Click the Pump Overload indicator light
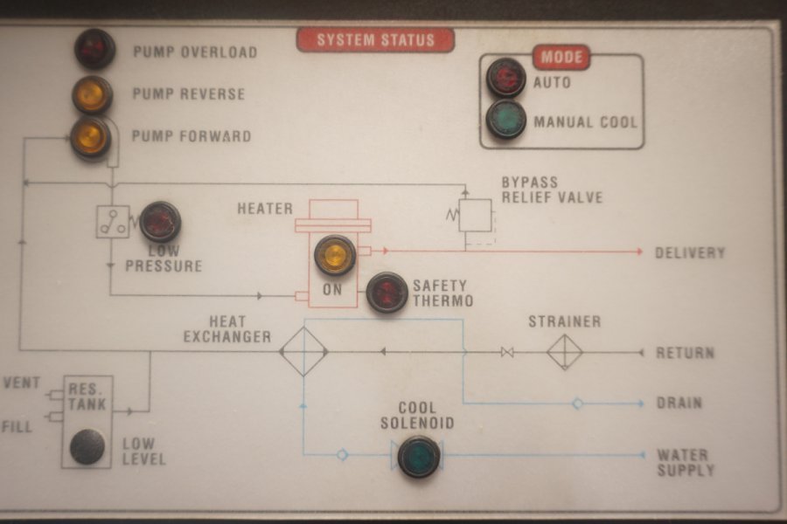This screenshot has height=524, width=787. (94, 49)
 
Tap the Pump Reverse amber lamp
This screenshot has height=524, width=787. (92, 94)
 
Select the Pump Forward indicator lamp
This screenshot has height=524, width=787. (91, 137)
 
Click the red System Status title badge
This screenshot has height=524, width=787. (375, 40)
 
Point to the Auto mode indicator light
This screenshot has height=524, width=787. (506, 78)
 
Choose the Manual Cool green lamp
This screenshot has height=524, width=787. (506, 120)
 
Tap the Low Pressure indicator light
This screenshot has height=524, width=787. (160, 222)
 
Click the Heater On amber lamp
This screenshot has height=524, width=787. (335, 255)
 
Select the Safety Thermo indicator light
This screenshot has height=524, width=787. (387, 293)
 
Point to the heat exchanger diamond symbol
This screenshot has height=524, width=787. (303, 352)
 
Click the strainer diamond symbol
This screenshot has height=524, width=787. (565, 352)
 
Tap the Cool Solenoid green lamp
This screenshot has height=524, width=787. (419, 456)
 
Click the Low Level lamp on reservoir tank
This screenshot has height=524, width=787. (87, 447)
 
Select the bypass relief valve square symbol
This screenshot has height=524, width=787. (475, 215)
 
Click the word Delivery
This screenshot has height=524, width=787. (690, 253)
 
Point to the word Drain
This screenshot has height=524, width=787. (679, 403)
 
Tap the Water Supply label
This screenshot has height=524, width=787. (685, 463)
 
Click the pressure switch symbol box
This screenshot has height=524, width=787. (113, 222)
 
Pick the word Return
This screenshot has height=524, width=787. (685, 353)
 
